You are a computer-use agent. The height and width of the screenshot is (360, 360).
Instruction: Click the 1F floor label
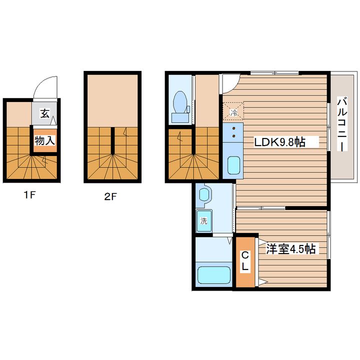pyautogui.click(x=30, y=195)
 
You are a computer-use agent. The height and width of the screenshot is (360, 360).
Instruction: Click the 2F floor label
pyautogui.click(x=110, y=196)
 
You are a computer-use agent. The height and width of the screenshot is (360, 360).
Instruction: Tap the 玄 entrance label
pyautogui.click(x=44, y=113)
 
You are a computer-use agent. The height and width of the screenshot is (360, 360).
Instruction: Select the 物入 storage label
pyautogui.click(x=45, y=140)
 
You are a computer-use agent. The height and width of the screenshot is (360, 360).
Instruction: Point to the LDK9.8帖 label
pyautogui.click(x=279, y=142)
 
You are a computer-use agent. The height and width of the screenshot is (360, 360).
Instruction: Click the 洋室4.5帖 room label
pyautogui.click(x=290, y=248)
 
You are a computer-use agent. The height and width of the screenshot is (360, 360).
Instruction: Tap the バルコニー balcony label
pyautogui.click(x=342, y=124)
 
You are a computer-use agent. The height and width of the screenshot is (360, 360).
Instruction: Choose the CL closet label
pyautogui.click(x=245, y=261)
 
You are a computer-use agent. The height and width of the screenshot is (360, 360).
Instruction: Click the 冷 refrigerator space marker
pyautogui.click(x=233, y=112)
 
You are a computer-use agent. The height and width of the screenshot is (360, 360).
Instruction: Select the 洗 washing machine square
pyautogui.click(x=204, y=221)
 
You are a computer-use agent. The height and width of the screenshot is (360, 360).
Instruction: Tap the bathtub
pyautogui.click(x=214, y=275)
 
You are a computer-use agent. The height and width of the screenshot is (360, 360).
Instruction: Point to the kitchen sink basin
pyautogui.click(x=233, y=165)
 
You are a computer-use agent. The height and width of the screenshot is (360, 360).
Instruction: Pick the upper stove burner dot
pyautogui.click(x=233, y=128)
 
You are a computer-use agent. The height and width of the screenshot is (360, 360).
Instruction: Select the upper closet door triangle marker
pyautogui.click(x=262, y=242)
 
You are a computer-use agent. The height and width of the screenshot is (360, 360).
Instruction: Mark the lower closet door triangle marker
pyautogui.click(x=263, y=281)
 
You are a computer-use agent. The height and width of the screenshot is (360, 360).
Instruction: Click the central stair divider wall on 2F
pyautogui.click(x=112, y=140)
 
